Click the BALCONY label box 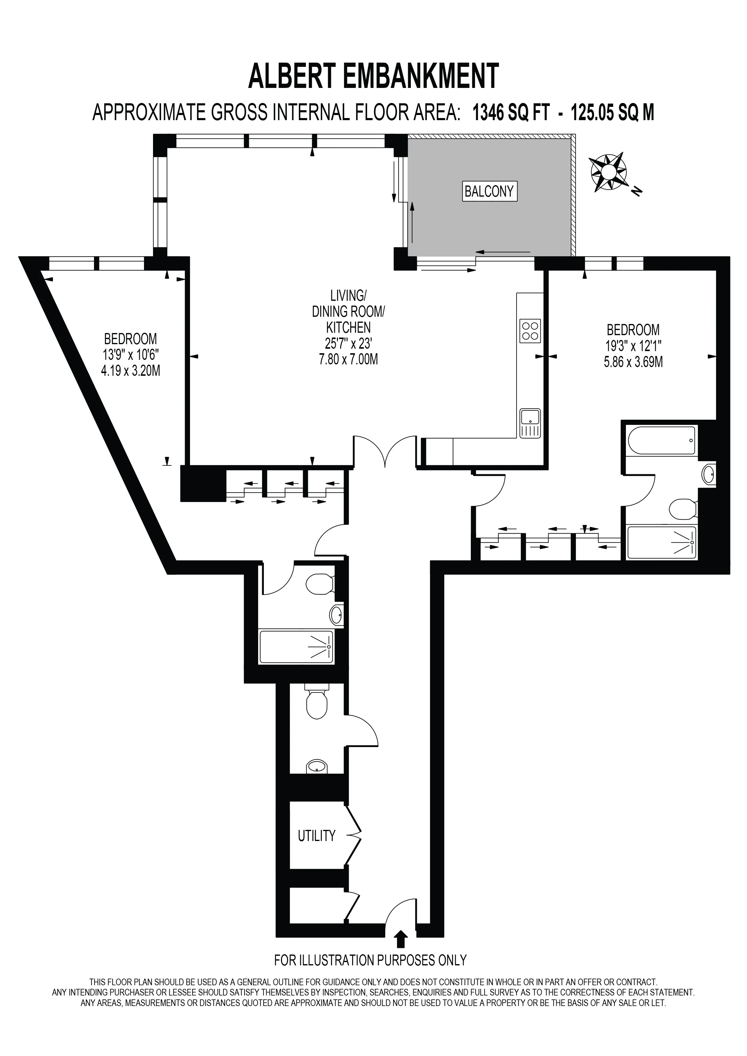click(x=489, y=191)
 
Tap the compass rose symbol click(x=608, y=173)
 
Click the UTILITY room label click(x=317, y=836)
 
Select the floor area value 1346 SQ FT click(x=511, y=113)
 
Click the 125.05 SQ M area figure click(x=612, y=113)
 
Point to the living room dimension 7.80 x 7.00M click(x=349, y=359)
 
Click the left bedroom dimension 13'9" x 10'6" click(x=131, y=355)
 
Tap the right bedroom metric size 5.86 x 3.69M click(x=633, y=362)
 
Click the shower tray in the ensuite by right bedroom click(x=662, y=543)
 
